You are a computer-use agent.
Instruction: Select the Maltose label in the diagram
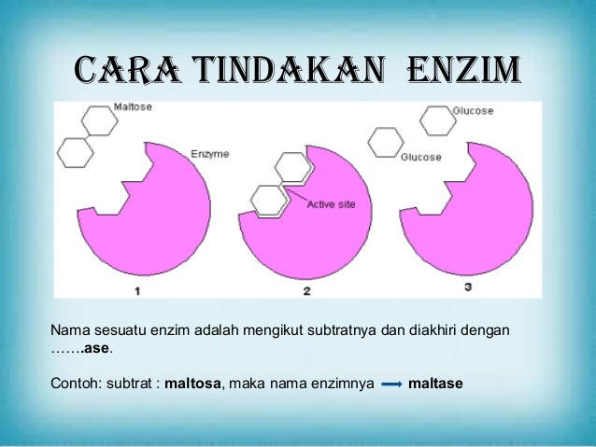point(133,108)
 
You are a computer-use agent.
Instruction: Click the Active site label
point(331,204)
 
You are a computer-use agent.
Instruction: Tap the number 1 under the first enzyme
point(137,291)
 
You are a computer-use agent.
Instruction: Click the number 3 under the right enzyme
point(467,287)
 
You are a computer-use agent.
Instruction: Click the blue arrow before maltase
point(392,384)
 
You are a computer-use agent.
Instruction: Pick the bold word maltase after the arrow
point(435,384)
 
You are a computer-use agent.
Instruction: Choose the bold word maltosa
point(193,384)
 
